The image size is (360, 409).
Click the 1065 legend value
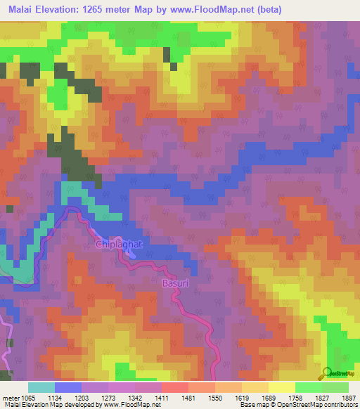tap(29, 397)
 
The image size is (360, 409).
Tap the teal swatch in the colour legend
tap(41, 387)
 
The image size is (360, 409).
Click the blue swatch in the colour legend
tap(68, 387)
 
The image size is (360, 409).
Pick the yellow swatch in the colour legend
tap(282, 387)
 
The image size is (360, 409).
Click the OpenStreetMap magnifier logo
tap(328, 373)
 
